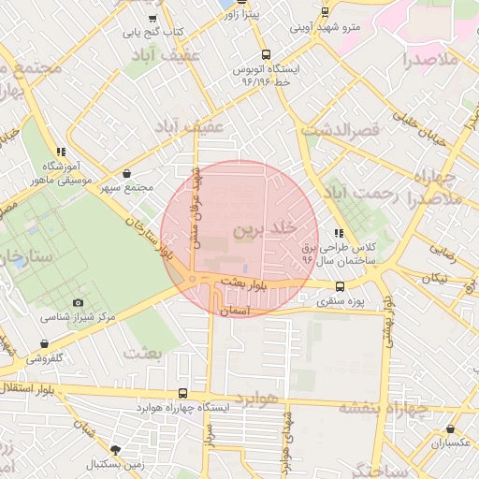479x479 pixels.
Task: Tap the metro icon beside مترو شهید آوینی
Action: click(325, 12)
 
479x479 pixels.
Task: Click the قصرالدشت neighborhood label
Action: click(342, 129)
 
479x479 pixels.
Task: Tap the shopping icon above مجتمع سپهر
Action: click(127, 173)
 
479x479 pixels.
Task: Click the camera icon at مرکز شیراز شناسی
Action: click(78, 302)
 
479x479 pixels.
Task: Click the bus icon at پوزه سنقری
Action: click(340, 287)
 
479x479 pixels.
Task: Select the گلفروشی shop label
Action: click(44, 358)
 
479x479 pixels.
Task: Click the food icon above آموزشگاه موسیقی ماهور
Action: click(61, 151)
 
